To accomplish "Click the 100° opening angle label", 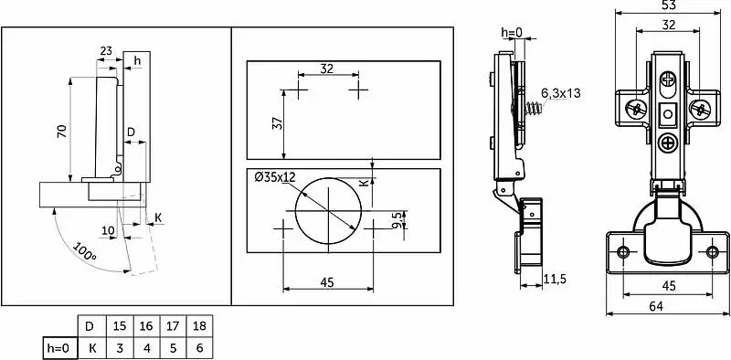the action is [84, 251].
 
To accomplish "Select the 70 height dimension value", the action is [62, 131].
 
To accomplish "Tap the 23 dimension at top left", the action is [106, 50].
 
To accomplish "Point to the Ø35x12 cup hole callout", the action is [275, 176].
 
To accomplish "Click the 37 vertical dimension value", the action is [277, 124].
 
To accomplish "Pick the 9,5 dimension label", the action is [397, 219].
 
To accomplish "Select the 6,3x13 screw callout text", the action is [561, 93].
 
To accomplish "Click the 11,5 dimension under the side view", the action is [555, 279].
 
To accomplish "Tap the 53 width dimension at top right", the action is [669, 5].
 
